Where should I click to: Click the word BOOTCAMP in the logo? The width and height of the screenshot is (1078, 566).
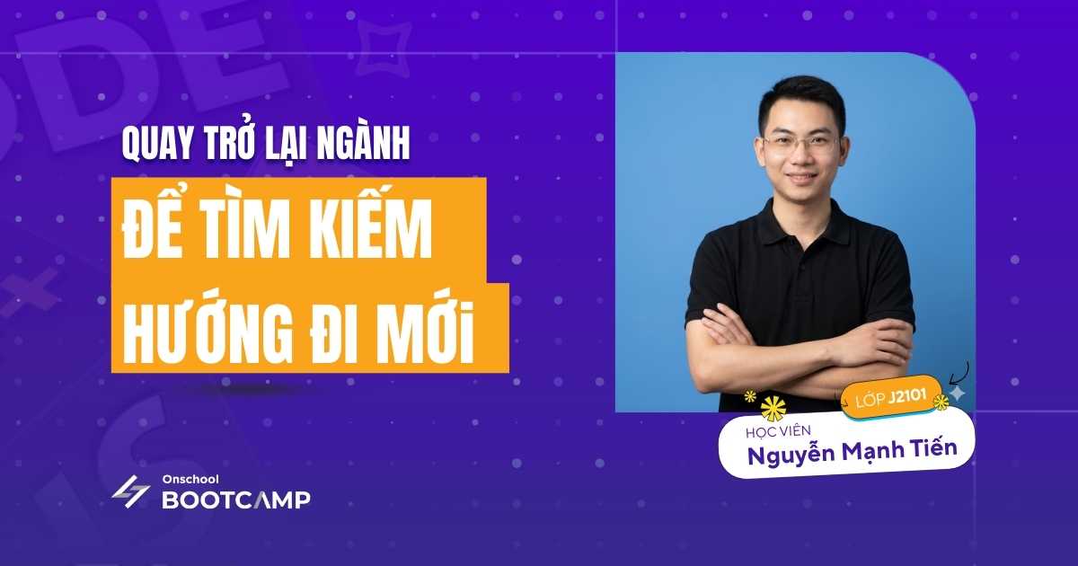(236, 500)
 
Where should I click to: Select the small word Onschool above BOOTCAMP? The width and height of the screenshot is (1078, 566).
(186, 480)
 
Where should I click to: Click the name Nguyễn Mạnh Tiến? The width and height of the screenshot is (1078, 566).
(849, 453)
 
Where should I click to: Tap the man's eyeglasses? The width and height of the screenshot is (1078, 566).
(800, 142)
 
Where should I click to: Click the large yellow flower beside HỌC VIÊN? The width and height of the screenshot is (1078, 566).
(772, 409)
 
